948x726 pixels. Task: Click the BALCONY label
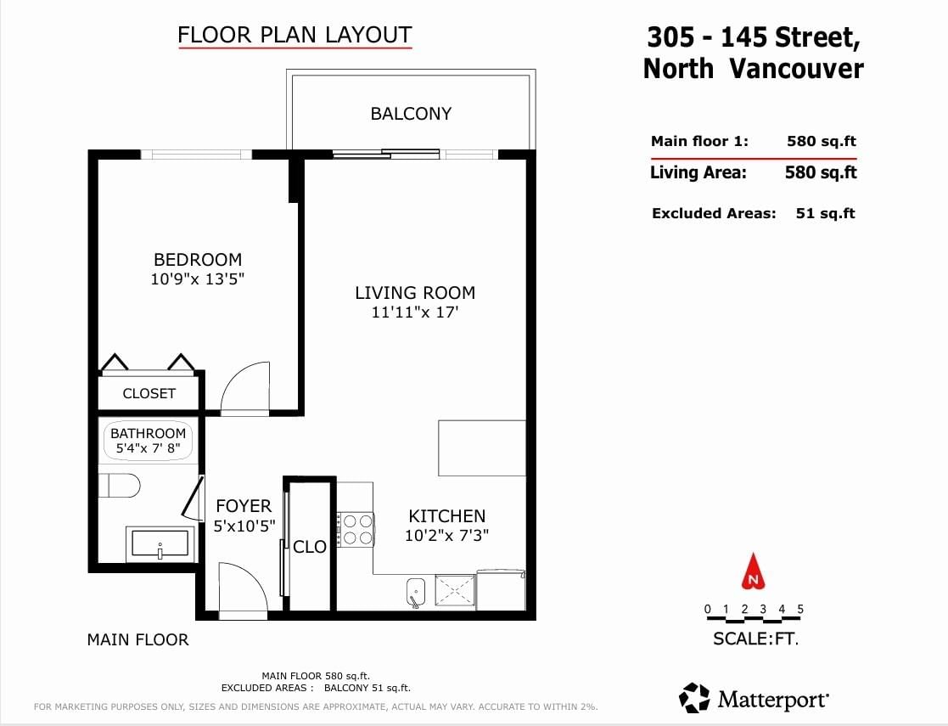(411, 114)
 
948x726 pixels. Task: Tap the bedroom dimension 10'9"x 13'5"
(197, 279)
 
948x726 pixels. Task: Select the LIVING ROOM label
(415, 293)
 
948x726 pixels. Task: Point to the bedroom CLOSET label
(149, 393)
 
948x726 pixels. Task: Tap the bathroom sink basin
(160, 544)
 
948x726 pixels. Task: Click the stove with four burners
(356, 529)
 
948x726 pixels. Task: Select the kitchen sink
(415, 592)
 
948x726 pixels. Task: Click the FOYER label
(244, 506)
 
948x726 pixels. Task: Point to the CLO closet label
(310, 547)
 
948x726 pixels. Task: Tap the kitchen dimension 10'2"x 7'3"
(446, 536)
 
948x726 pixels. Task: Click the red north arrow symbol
(754, 572)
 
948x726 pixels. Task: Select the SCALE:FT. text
(755, 639)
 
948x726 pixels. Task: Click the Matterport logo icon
(694, 698)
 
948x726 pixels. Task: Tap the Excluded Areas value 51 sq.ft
(825, 213)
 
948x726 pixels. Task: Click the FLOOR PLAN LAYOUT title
(295, 35)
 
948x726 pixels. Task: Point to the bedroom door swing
(245, 387)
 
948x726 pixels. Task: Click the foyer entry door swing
(243, 590)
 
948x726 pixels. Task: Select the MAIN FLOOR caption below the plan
(137, 639)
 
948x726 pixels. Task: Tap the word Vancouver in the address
(796, 68)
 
